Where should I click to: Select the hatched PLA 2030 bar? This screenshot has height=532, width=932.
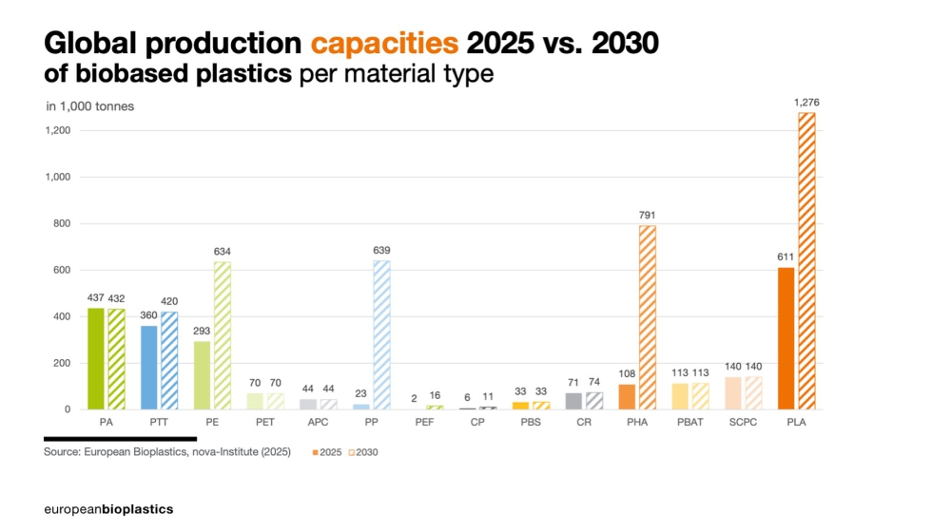click(x=806, y=261)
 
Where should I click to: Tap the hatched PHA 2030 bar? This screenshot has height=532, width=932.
click(x=648, y=317)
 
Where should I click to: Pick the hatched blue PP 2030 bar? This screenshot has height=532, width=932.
click(x=381, y=334)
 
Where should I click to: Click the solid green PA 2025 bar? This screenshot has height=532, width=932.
click(x=96, y=358)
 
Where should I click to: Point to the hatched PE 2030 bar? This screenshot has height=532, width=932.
click(x=223, y=335)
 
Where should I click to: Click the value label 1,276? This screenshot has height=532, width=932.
click(x=806, y=102)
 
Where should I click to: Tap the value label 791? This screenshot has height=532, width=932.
click(x=648, y=215)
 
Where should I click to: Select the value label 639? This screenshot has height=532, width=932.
click(x=381, y=250)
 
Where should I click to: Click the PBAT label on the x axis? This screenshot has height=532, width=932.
click(x=689, y=422)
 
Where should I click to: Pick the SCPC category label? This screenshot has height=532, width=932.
click(x=743, y=422)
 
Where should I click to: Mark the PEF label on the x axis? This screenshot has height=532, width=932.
click(x=424, y=422)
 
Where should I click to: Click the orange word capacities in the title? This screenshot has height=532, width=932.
click(x=384, y=44)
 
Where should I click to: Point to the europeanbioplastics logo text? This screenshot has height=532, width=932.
click(x=108, y=509)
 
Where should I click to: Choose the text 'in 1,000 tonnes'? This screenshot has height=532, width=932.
click(x=89, y=106)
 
